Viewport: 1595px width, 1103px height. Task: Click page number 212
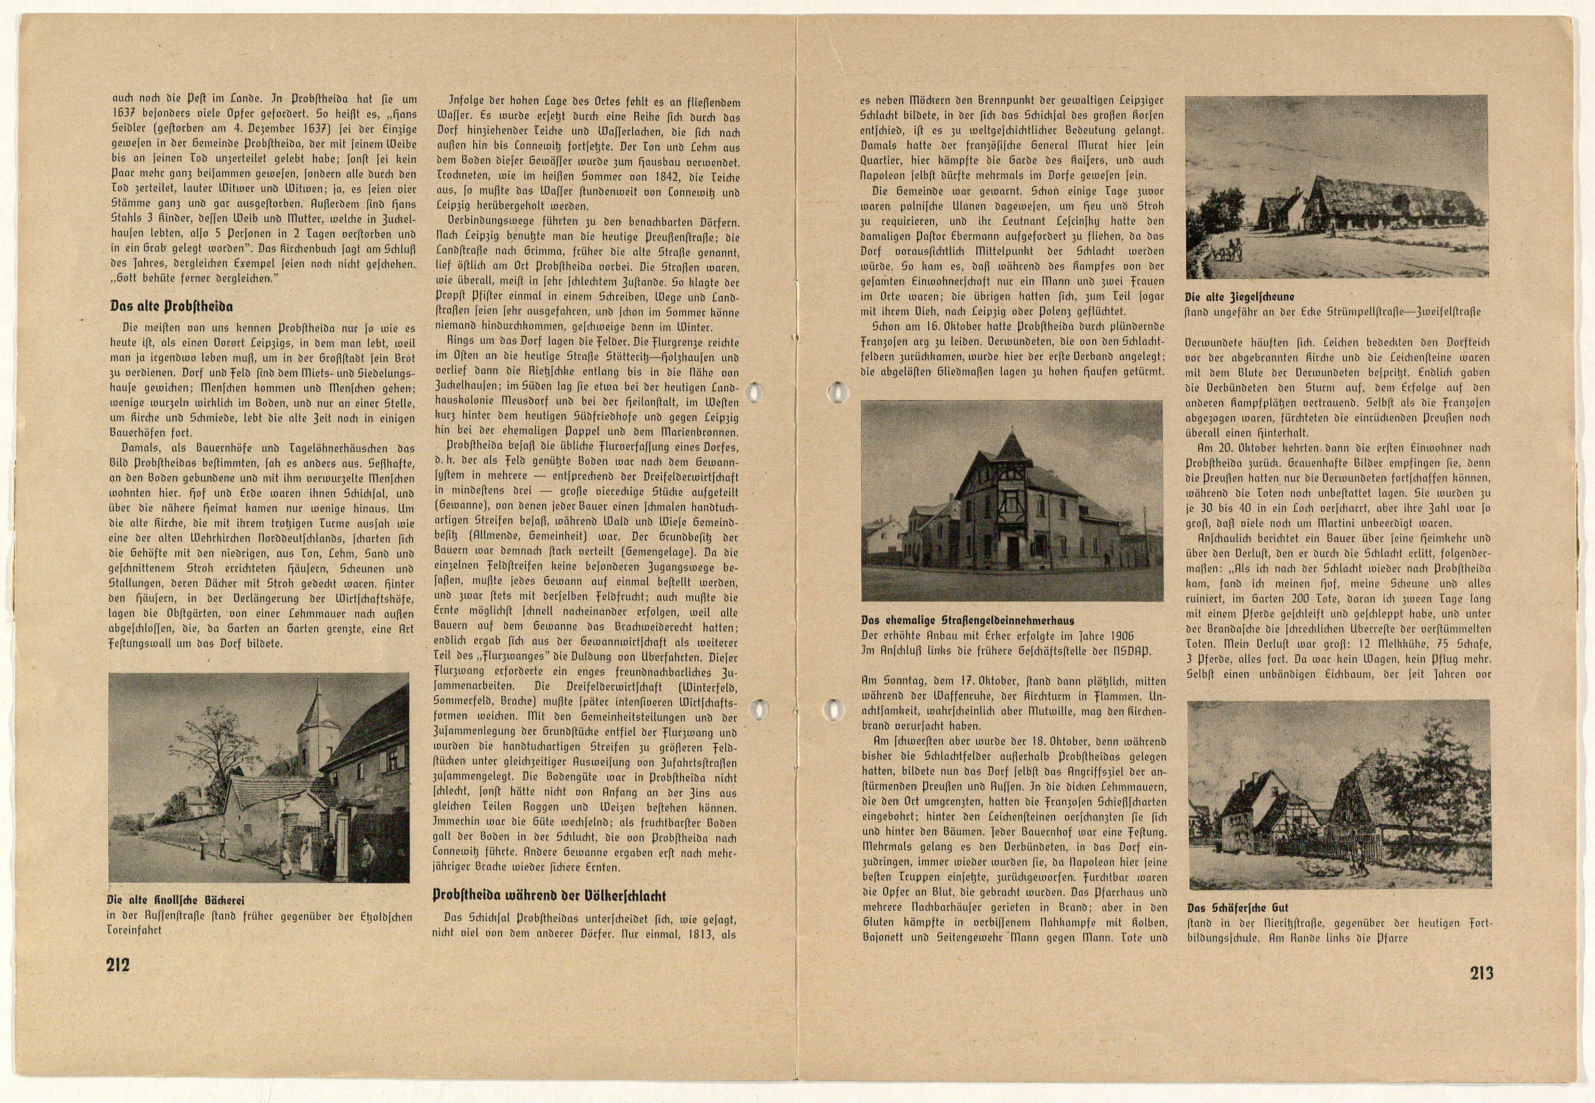pyautogui.click(x=118, y=965)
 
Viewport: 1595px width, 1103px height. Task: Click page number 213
pyautogui.click(x=1481, y=973)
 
